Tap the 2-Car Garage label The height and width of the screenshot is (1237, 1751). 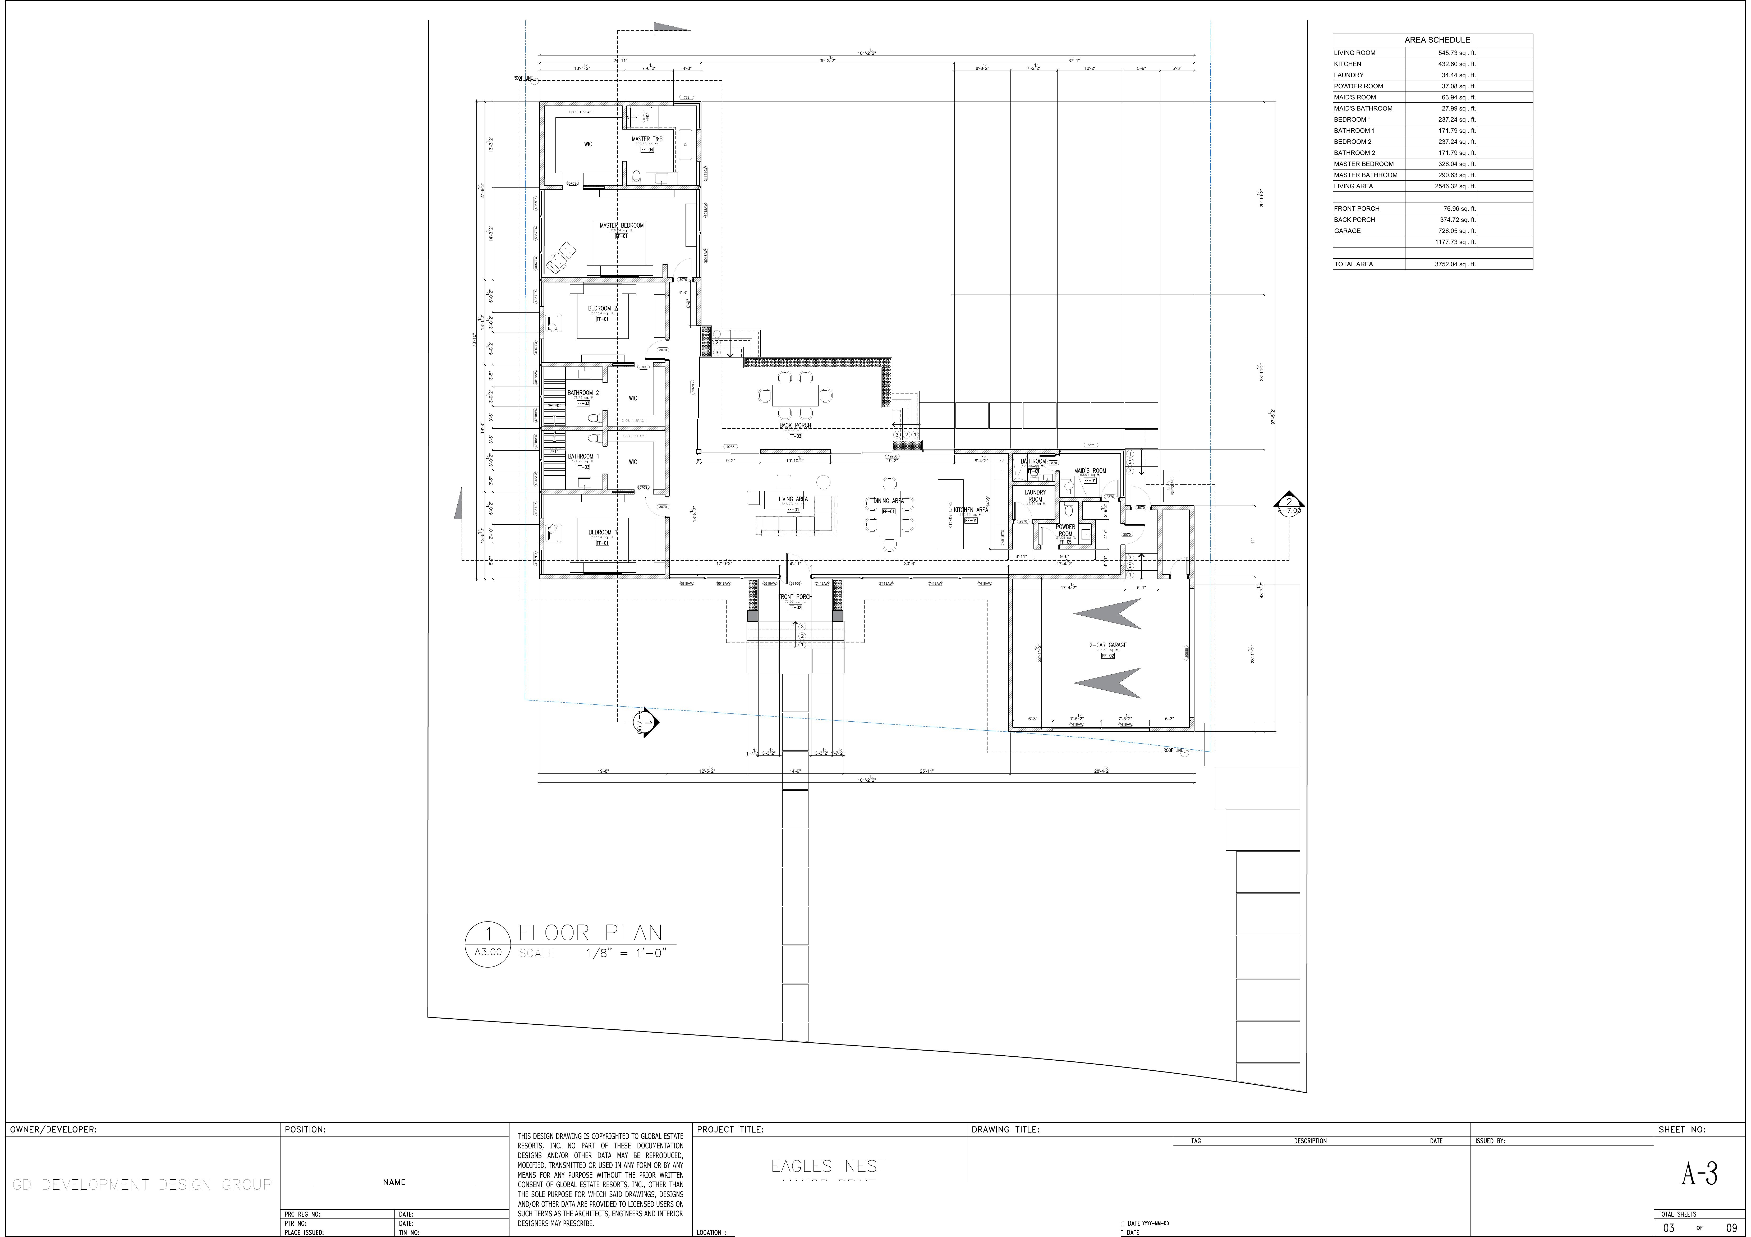tap(1107, 645)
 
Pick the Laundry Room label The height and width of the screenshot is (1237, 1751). tap(1035, 496)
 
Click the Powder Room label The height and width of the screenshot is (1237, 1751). tap(1065, 530)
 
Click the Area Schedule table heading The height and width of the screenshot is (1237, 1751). tap(1437, 40)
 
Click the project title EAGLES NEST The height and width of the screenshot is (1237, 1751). tap(828, 1166)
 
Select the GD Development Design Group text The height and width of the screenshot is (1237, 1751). tap(142, 1184)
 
